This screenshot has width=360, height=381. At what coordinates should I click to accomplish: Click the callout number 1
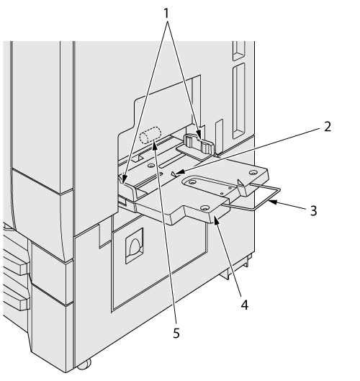click(166, 14)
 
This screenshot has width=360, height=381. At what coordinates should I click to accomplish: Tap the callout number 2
click(328, 127)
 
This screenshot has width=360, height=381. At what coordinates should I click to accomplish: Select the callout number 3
click(314, 210)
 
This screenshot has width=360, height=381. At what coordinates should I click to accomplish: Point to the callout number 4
click(245, 305)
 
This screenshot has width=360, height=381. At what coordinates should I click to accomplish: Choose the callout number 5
click(176, 333)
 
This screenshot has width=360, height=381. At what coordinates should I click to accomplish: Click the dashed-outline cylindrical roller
click(150, 135)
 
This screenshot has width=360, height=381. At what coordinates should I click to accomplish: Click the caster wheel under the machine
click(84, 364)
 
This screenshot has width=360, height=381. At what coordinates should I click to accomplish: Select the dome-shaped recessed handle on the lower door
click(135, 246)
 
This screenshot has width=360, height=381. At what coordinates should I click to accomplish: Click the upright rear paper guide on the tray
click(199, 143)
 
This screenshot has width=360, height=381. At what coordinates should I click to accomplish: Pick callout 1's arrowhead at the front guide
click(123, 179)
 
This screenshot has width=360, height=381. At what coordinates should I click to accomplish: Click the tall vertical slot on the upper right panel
click(238, 101)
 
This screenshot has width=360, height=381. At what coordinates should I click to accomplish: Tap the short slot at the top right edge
click(239, 50)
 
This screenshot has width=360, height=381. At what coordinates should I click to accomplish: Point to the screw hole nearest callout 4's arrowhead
click(205, 207)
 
